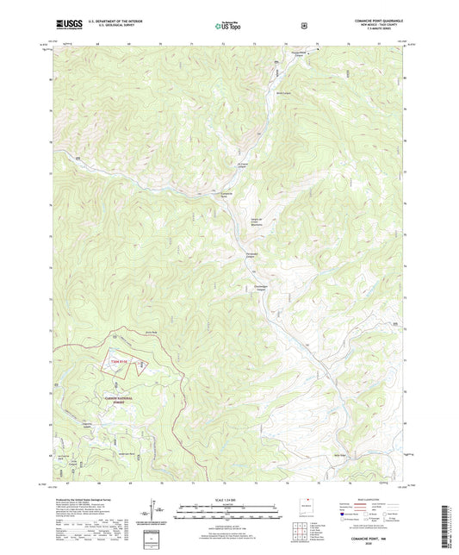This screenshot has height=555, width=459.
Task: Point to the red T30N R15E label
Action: click(x=121, y=362)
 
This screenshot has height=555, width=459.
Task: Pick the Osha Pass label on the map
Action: click(x=149, y=331)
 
